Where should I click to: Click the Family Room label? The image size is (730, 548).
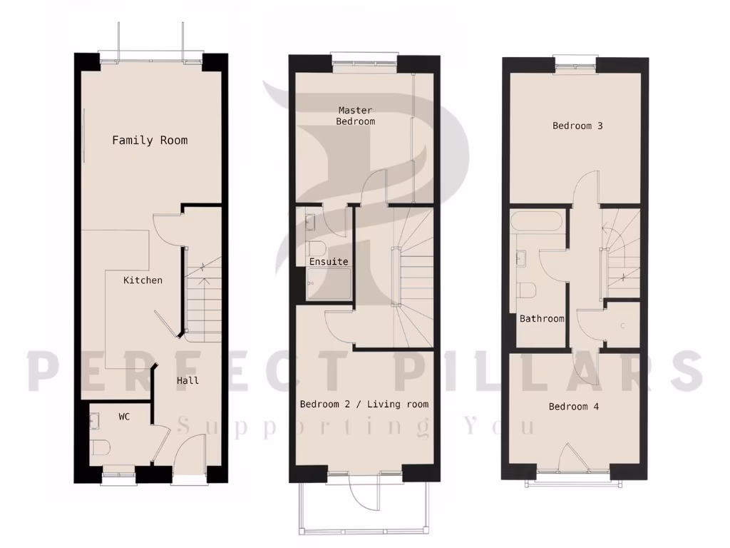(150, 140)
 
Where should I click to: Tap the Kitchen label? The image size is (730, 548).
(143, 280)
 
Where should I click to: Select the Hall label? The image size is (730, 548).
(187, 380)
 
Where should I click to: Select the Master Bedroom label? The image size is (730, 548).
(356, 116)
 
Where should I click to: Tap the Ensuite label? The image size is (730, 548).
(329, 262)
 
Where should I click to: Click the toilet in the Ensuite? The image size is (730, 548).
(317, 248)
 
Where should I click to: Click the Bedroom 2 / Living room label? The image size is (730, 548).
(364, 405)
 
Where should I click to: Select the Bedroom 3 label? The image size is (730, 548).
(577, 126)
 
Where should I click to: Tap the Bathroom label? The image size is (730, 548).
(542, 319)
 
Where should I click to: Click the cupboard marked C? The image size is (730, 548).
(622, 326)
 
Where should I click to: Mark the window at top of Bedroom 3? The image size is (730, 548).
(575, 64)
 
